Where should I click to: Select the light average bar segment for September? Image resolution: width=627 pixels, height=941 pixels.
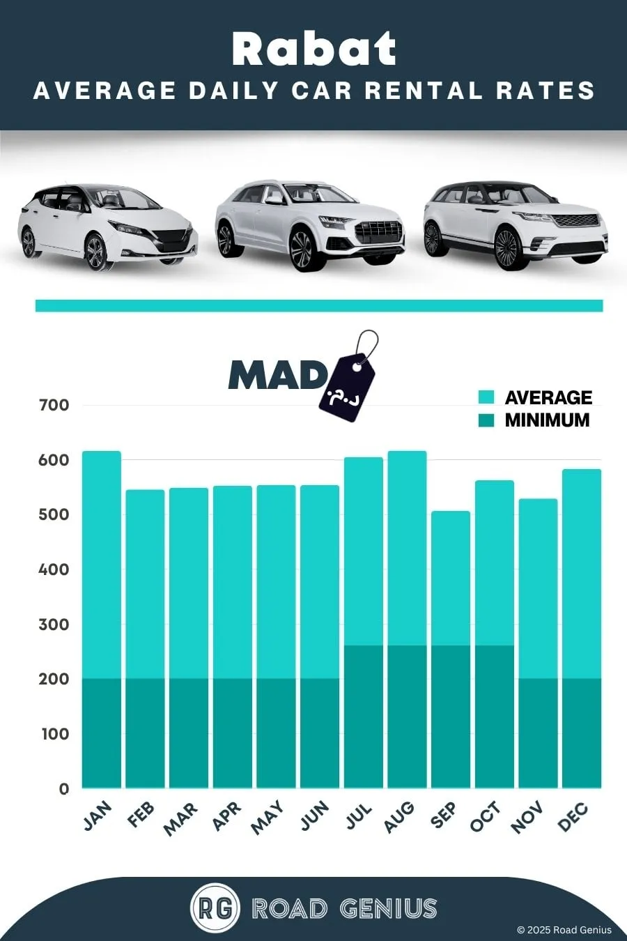(451, 578)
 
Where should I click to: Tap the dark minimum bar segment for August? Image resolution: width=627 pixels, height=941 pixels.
(407, 717)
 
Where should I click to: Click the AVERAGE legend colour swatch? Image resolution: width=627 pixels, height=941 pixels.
(486, 397)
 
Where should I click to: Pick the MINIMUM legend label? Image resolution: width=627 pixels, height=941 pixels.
(547, 420)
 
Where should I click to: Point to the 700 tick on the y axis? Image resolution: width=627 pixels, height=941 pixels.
(54, 406)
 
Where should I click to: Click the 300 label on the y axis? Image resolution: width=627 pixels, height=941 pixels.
(54, 625)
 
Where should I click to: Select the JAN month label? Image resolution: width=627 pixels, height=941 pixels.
(98, 816)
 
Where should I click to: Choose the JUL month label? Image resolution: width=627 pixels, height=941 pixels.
(359, 815)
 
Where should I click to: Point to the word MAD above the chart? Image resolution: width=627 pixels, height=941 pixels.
(277, 375)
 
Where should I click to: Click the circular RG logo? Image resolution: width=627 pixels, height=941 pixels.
(215, 909)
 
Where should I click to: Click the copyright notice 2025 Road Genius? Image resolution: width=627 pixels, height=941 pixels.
(564, 930)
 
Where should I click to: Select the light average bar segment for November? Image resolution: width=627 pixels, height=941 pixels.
(538, 588)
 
